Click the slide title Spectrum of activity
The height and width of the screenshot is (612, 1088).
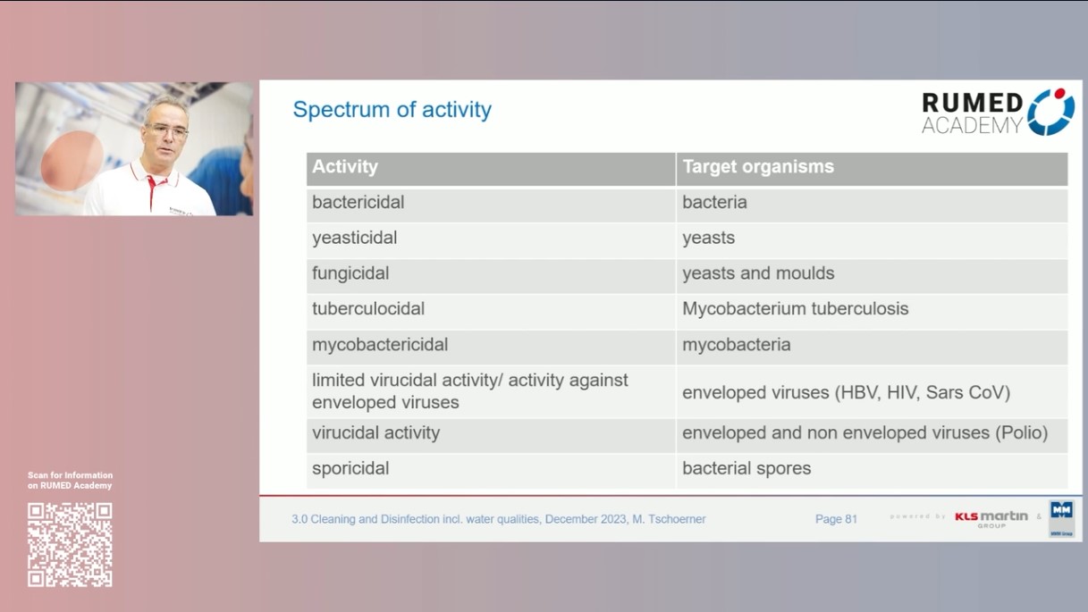pos(392,110)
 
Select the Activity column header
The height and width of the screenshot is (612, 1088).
pos(345,167)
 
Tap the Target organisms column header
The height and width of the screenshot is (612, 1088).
pos(757,167)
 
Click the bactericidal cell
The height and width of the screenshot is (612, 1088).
pos(358,203)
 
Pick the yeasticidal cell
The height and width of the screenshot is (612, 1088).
pos(354,238)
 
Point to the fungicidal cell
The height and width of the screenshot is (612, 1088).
pos(350,273)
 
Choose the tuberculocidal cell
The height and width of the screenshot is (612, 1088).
pos(368,309)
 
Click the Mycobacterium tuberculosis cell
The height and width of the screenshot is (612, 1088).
pos(795,309)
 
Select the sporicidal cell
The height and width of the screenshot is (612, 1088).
pos(350,468)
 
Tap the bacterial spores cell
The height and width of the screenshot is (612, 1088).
pos(746,468)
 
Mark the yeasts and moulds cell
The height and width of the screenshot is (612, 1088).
pos(758,273)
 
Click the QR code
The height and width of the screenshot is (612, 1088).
pos(70,544)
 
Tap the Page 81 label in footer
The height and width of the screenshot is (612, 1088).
pos(836,519)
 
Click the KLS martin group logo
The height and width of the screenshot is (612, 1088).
pos(991,518)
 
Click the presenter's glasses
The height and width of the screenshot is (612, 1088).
pos(167,130)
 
